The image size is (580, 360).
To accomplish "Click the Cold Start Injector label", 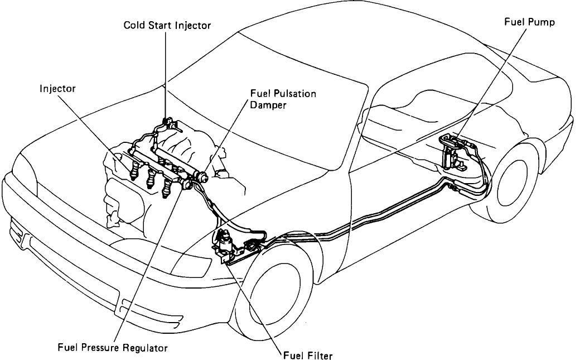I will pos(167,26).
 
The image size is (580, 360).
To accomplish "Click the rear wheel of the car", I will pos(516,184).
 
